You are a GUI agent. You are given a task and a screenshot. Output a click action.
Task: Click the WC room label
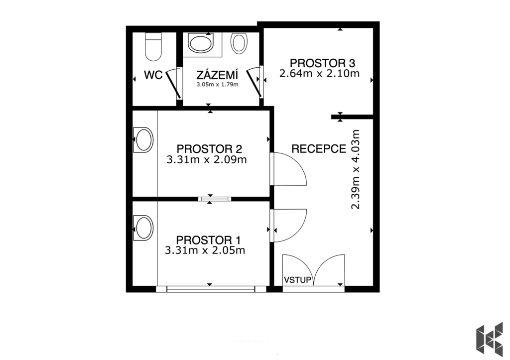153,76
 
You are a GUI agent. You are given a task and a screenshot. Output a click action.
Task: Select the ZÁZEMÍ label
217,75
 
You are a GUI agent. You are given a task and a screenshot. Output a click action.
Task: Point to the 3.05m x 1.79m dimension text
217,85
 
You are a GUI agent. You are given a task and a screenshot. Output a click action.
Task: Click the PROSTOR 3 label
322,63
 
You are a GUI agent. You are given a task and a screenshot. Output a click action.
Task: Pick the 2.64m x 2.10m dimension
319,73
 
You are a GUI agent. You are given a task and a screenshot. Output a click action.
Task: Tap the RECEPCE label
319,148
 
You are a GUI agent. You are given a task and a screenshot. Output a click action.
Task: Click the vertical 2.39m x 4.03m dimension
356,169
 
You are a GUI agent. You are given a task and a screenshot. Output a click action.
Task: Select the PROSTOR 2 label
209,148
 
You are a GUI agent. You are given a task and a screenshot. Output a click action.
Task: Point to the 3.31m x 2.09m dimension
207,160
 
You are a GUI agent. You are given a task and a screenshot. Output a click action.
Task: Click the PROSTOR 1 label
208,240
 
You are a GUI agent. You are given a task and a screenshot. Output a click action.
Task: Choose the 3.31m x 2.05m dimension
205,250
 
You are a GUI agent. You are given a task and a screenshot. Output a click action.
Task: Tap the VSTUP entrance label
298,280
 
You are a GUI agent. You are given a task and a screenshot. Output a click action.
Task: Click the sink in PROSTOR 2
143,139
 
